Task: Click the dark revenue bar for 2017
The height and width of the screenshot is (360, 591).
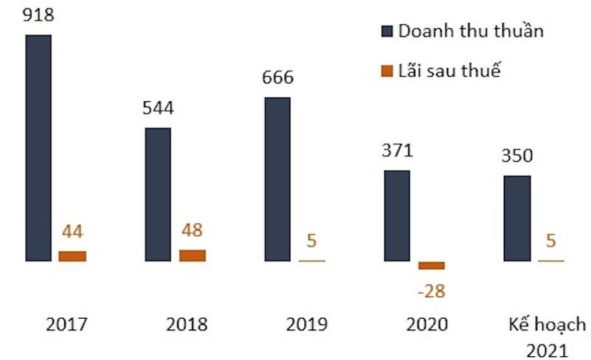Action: [x=38, y=148]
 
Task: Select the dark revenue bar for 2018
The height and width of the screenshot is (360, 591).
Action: [x=158, y=194]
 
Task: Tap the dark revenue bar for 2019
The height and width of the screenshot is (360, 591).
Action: [x=278, y=179]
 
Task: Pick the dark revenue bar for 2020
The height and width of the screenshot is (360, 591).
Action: [x=397, y=215]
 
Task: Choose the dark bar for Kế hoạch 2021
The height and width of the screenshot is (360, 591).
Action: [x=517, y=218]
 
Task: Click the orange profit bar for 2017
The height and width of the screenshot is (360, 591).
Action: [x=72, y=256]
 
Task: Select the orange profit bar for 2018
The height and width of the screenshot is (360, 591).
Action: [x=192, y=255]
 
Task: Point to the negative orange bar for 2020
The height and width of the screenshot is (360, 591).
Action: [x=432, y=265]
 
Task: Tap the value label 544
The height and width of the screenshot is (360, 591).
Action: [x=158, y=107]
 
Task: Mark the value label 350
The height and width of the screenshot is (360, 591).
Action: [x=517, y=156]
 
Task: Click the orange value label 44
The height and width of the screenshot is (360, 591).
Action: [x=72, y=232]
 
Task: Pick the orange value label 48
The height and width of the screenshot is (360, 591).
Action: [x=192, y=231]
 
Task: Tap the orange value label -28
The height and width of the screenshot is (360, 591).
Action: [x=432, y=291]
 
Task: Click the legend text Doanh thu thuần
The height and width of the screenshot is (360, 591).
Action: [x=470, y=31]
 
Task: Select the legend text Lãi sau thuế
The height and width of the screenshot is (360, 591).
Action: [x=449, y=72]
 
